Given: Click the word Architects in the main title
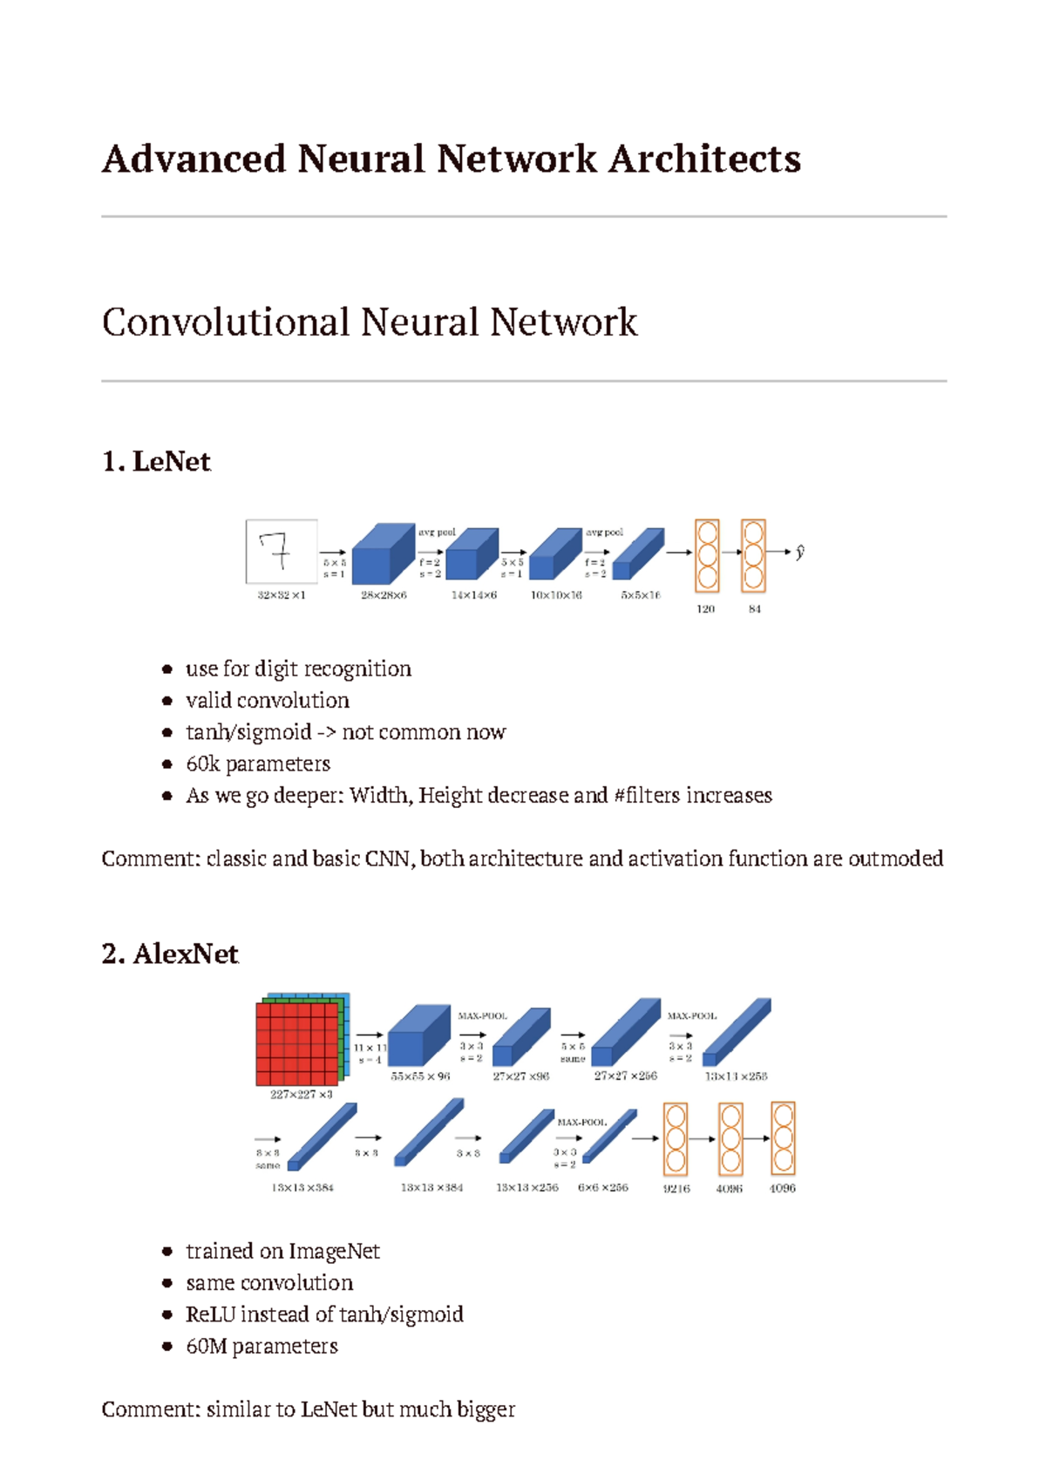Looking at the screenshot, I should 704,160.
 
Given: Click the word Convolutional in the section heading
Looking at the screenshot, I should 226,322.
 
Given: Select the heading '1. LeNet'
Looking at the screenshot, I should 156,461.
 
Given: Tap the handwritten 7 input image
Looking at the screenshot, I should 281,551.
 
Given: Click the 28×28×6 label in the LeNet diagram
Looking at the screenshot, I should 384,595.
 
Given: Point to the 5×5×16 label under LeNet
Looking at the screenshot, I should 641,595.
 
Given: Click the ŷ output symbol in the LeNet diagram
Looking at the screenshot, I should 799,552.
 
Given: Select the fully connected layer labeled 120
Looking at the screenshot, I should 707,555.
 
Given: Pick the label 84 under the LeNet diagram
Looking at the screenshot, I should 755,609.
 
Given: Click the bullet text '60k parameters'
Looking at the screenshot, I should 258,764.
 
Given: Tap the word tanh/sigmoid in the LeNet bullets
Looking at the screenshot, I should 248,732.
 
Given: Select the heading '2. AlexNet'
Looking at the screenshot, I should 170,954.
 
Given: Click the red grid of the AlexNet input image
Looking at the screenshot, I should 296,1044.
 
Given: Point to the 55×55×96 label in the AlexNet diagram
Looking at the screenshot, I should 420,1076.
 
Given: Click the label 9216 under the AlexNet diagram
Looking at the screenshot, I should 676,1189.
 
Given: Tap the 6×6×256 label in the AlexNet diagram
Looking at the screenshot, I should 602,1188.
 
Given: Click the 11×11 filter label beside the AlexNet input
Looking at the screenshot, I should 370,1048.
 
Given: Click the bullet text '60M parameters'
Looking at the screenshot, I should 261,1347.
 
